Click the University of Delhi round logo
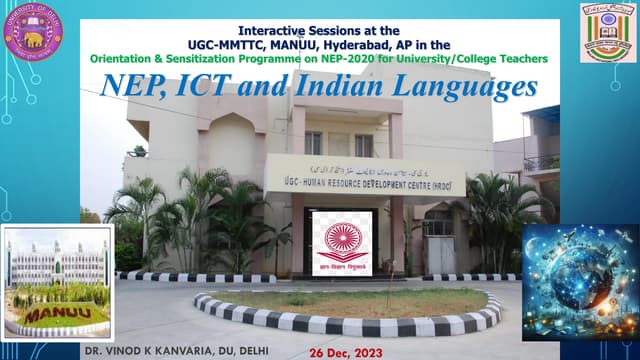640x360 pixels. (33, 30)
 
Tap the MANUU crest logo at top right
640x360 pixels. (605, 32)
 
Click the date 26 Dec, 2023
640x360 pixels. (346, 352)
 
